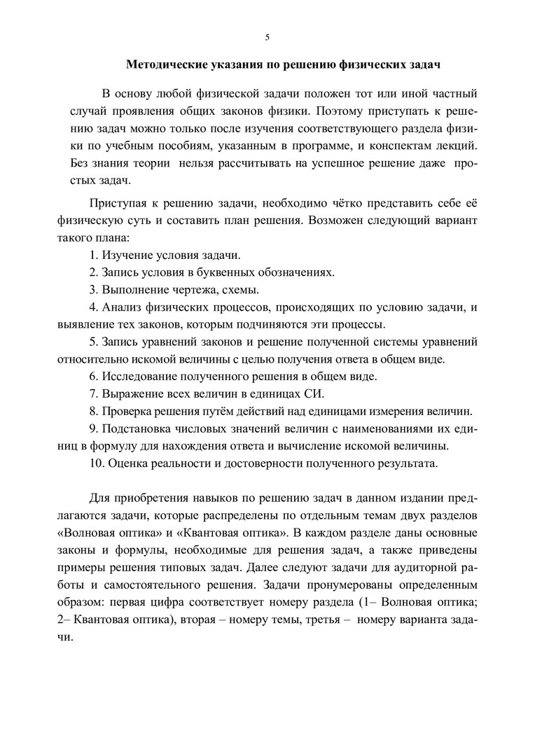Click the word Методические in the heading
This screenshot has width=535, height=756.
[x=165, y=65]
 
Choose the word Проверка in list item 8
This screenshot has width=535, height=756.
[x=128, y=411]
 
